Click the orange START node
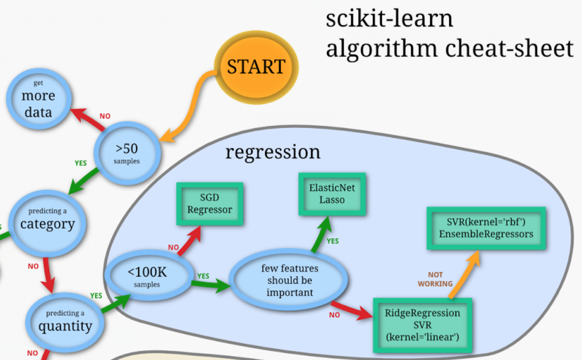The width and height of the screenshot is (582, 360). (256, 67)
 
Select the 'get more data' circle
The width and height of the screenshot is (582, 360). (38, 98)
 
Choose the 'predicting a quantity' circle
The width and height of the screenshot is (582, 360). (65, 322)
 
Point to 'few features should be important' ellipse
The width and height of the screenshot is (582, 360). (289, 281)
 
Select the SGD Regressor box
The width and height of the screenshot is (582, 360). (209, 203)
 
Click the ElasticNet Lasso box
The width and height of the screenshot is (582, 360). (332, 194)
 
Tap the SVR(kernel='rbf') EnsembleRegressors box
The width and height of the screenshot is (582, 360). (486, 228)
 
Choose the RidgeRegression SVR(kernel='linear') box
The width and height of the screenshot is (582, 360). (422, 325)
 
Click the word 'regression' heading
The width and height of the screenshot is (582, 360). (273, 152)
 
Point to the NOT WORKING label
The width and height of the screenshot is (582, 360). (435, 279)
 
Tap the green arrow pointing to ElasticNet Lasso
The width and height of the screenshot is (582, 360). (321, 233)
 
